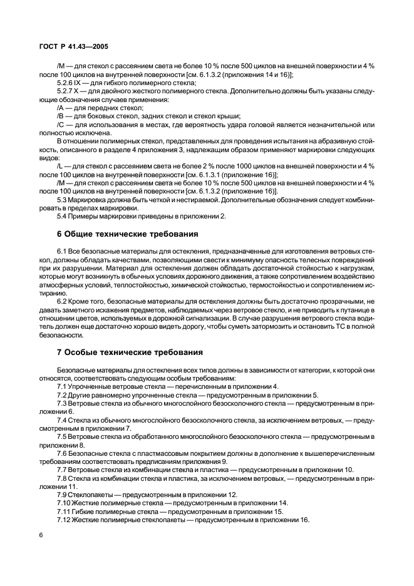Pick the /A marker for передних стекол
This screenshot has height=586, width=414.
pyautogui.click(x=61, y=108)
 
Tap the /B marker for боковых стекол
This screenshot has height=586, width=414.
pyautogui.click(x=61, y=116)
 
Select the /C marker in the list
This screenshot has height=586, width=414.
pyautogui.click(x=61, y=125)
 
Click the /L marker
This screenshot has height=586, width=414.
pyautogui.click(x=60, y=167)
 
